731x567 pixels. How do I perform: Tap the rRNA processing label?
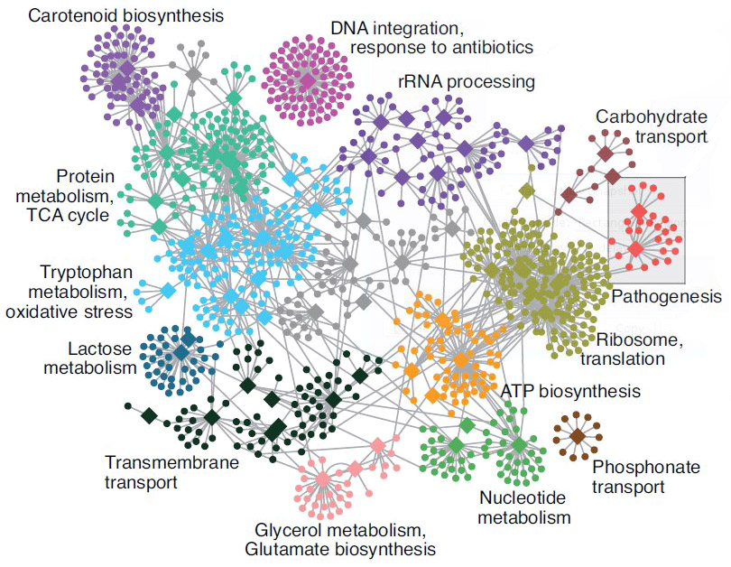tap(467, 82)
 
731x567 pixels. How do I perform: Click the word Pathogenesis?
tap(667, 295)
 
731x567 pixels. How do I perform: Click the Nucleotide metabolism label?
tap(524, 508)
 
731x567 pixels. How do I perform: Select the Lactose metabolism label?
tap(102, 358)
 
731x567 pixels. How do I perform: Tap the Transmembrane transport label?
tap(171, 472)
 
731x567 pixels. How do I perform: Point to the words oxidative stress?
tap(69, 311)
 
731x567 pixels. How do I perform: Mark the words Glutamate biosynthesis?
tap(339, 548)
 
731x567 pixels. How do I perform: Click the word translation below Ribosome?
tap(623, 358)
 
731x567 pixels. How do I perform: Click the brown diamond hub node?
tap(577, 437)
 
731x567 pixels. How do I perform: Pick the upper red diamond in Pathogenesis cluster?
tap(639, 212)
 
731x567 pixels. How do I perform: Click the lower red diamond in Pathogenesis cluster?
tap(635, 247)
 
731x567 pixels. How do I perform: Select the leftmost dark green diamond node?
tap(149, 415)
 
